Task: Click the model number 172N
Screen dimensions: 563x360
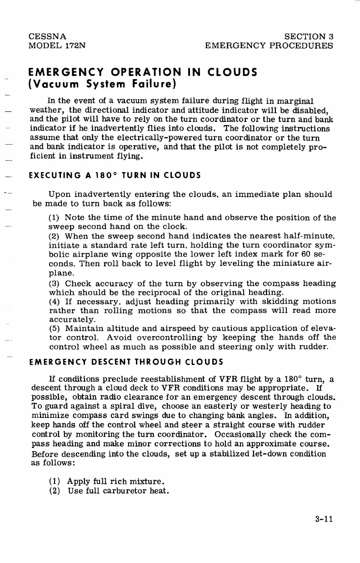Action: pyautogui.click(x=71, y=45)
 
